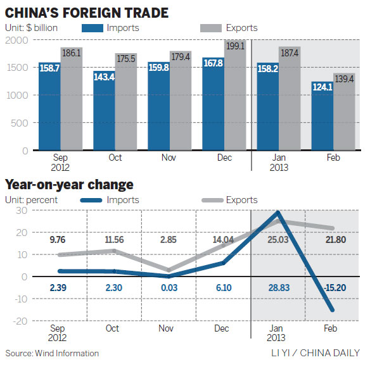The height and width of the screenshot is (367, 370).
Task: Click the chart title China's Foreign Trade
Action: [x=87, y=12]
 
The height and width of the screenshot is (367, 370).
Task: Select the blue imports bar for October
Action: [x=105, y=111]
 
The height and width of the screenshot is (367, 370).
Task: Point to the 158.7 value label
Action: [x=49, y=66]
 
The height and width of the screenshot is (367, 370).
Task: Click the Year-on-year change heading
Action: [x=70, y=185]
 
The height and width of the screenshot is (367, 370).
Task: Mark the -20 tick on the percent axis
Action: [x=20, y=321]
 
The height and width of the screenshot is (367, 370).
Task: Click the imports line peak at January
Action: [x=277, y=213]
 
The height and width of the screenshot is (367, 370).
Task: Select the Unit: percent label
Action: [x=32, y=201]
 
